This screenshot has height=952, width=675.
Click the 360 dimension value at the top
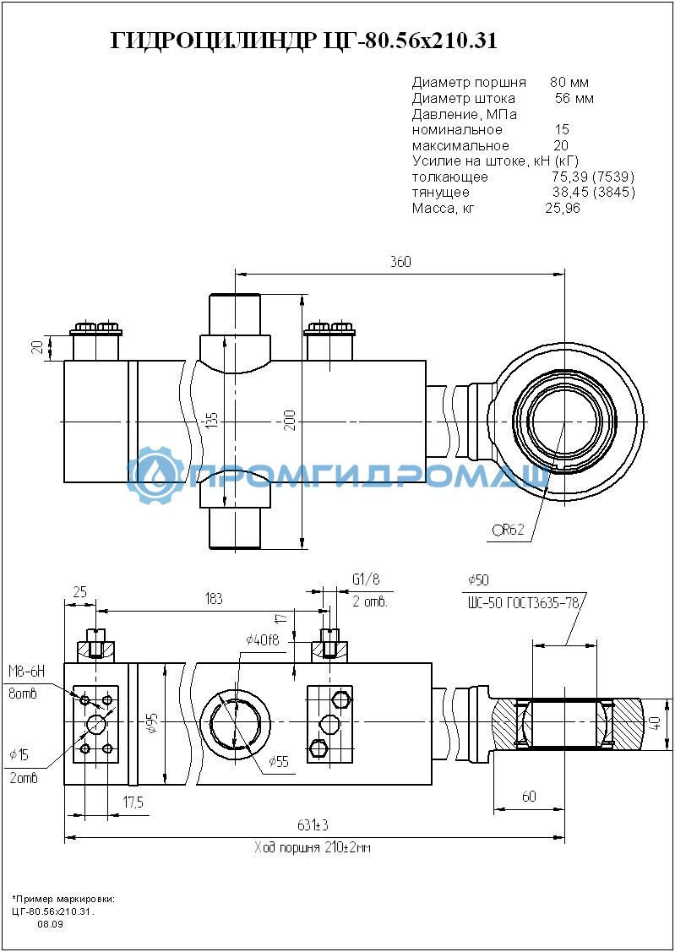coord(400,262)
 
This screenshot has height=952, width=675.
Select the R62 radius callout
coord(508,530)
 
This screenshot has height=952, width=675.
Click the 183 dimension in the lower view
coord(212,599)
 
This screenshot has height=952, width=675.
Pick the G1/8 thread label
coord(366,579)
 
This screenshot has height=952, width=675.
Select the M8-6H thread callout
coord(27,671)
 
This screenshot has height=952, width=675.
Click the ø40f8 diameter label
coord(262,639)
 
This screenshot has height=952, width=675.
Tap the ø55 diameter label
coord(278,761)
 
